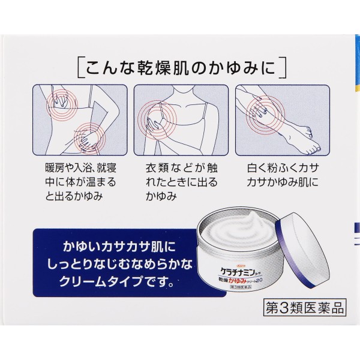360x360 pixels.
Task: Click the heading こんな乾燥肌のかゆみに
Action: (x=181, y=68)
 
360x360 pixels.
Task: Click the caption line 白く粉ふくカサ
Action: (x=283, y=168)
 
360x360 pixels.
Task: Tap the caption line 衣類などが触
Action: (x=181, y=168)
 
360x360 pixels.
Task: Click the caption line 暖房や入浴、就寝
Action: (x=80, y=168)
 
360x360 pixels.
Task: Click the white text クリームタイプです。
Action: (x=116, y=281)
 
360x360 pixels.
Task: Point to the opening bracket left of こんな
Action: (x=80, y=68)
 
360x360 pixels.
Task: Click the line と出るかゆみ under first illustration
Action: (x=73, y=196)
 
